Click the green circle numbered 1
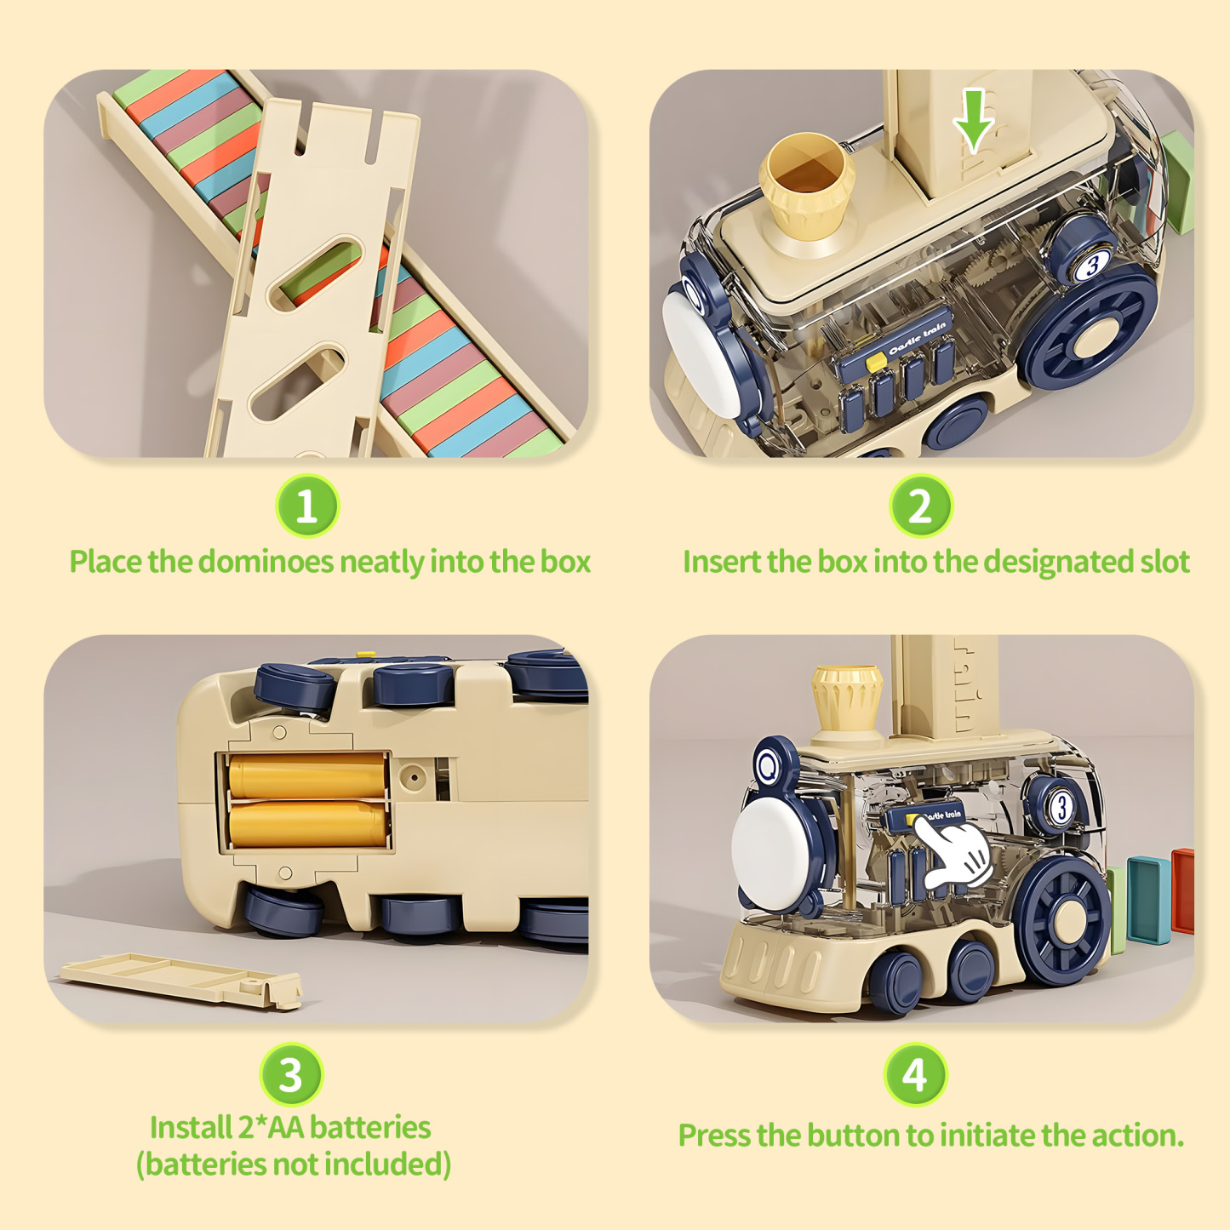(307, 506)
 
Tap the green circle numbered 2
(920, 506)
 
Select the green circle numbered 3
(291, 1074)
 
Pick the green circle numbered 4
(915, 1074)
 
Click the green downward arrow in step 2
(974, 119)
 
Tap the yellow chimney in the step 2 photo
(807, 187)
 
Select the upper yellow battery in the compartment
(306, 775)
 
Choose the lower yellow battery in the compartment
(306, 822)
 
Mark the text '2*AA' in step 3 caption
(270, 1128)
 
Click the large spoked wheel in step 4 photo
(1065, 919)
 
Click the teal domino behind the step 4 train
(1149, 900)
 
